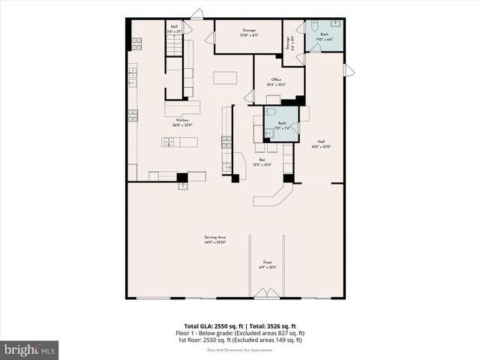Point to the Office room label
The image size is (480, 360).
click(x=276, y=81)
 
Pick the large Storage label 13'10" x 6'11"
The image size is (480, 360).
click(x=238, y=33)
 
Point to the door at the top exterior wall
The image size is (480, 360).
click(x=196, y=14)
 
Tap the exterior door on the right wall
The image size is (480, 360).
click(x=348, y=70)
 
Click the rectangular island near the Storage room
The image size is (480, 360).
click(x=225, y=77)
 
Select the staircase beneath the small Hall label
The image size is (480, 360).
click(x=174, y=46)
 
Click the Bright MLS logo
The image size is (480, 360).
click(x=30, y=349)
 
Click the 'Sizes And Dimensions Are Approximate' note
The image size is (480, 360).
click(x=239, y=349)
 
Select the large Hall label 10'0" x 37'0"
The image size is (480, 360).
click(x=321, y=144)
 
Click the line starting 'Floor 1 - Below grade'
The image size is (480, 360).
click(x=239, y=334)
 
